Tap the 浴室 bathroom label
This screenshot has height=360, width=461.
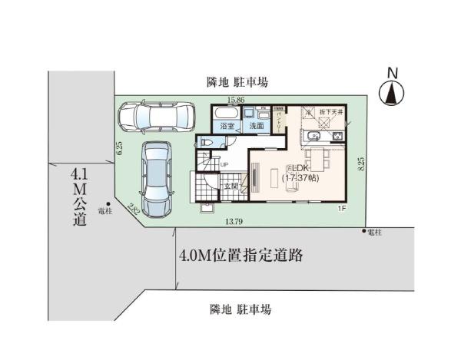[227, 125]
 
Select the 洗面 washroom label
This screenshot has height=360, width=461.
[256, 125]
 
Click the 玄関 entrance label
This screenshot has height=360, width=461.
[231, 185]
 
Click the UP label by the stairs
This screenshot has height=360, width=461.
[224, 164]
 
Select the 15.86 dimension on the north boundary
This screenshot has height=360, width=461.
[236, 101]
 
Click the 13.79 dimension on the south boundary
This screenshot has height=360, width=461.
[235, 223]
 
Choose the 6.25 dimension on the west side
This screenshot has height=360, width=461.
[120, 149]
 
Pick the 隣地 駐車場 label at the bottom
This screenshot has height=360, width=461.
[240, 309]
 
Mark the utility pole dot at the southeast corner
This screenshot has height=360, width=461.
[363, 230]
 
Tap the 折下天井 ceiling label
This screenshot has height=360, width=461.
[333, 112]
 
